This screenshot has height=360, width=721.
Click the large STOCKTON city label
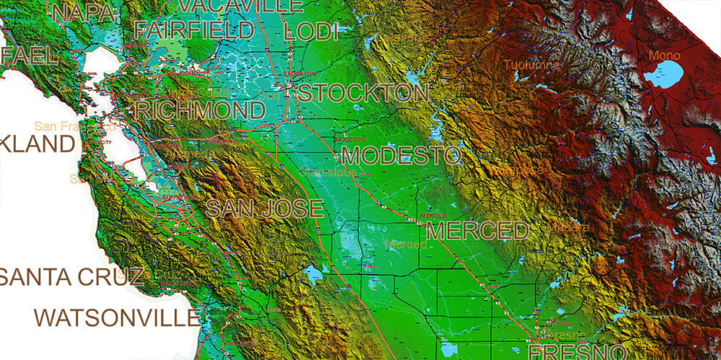[363, 93]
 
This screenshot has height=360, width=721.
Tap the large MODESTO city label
[402, 156]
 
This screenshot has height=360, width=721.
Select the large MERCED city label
[478, 231]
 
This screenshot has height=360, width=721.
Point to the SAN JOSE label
[265, 209]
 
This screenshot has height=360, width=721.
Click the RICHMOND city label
[200, 110]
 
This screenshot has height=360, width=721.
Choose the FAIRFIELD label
[194, 30]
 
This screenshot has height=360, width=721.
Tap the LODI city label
[311, 31]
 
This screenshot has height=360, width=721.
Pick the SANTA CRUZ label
[71, 276]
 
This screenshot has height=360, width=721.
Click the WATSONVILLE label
[117, 317]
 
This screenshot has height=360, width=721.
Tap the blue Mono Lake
[663, 74]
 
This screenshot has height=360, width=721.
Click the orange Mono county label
[664, 55]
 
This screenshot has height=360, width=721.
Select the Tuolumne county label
[533, 65]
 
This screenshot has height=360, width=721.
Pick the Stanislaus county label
[328, 172]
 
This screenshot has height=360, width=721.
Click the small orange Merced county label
[406, 245]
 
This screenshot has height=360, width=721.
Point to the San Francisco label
[65, 126]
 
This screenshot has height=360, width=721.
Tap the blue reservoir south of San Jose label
[313, 275]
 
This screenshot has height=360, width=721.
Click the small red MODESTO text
[350, 138]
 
